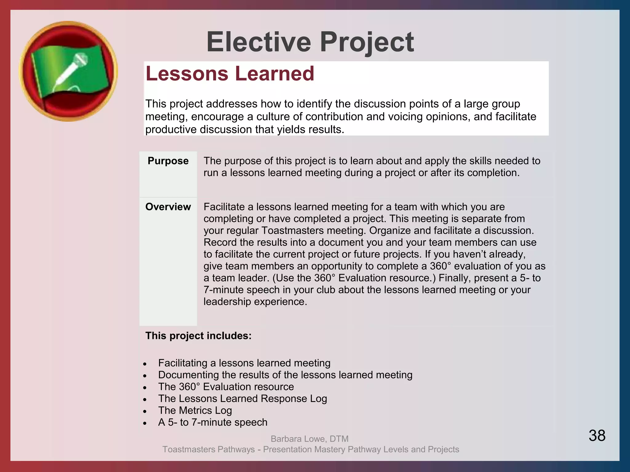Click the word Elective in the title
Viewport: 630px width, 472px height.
click(259, 42)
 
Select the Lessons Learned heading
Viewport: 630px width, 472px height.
click(230, 74)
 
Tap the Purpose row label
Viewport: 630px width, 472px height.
click(168, 161)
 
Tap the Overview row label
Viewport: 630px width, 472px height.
click(168, 207)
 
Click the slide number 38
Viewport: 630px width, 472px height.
click(597, 435)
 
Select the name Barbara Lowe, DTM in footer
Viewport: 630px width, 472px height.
click(309, 439)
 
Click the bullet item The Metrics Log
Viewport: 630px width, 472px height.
click(195, 411)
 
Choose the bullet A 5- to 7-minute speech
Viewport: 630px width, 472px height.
click(213, 422)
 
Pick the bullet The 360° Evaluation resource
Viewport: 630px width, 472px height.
click(226, 387)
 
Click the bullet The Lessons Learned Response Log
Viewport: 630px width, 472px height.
click(242, 399)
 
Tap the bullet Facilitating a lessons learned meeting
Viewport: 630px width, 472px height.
click(244, 363)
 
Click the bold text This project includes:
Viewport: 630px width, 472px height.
click(198, 336)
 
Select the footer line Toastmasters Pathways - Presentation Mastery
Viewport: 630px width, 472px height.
click(310, 449)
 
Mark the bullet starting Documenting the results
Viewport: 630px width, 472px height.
click(285, 375)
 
